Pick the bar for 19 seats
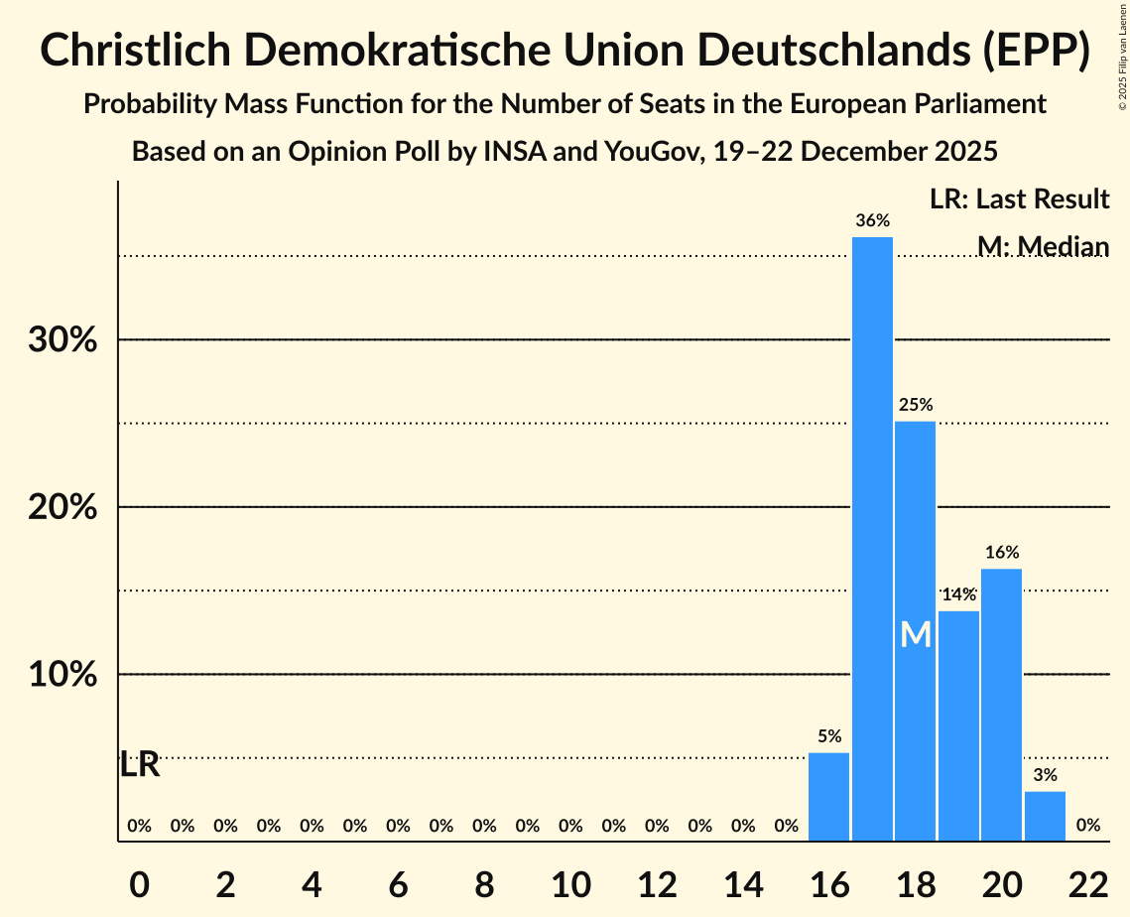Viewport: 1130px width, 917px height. click(x=958, y=725)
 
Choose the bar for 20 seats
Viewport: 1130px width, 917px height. click(x=1001, y=705)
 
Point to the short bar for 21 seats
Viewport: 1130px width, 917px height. click(x=1045, y=816)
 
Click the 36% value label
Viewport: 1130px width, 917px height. click(x=872, y=220)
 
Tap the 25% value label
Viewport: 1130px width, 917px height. click(x=915, y=405)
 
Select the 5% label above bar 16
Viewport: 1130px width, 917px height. click(x=829, y=736)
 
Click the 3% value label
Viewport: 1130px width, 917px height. click(x=1045, y=775)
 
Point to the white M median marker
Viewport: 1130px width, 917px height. click(x=916, y=634)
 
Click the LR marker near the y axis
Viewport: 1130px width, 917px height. click(x=140, y=765)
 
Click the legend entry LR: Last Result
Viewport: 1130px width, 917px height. click(x=1019, y=199)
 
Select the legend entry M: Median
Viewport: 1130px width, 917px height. click(x=1042, y=246)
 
